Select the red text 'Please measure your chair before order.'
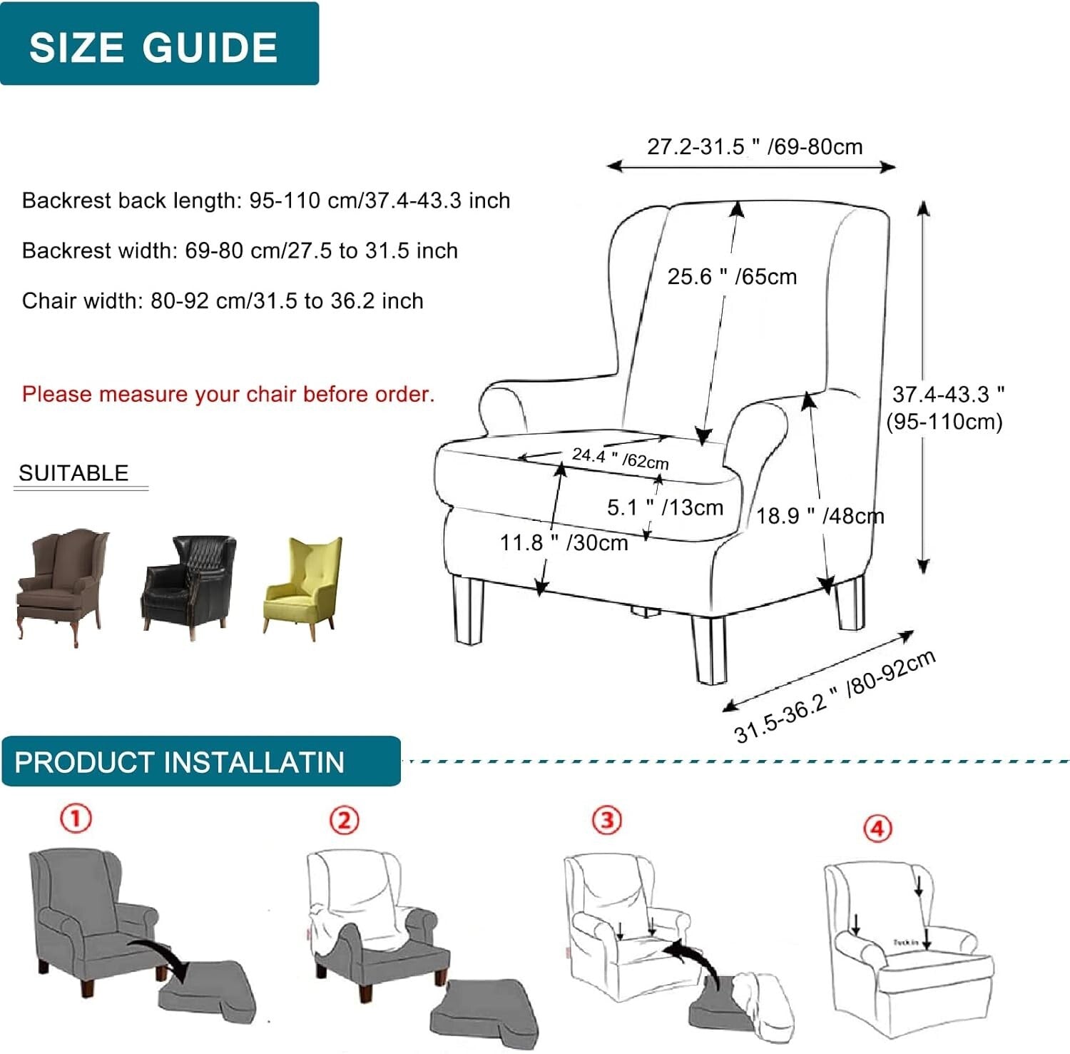tap(228, 394)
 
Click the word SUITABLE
tap(73, 473)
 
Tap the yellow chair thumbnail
tap(304, 587)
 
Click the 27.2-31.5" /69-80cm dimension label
tap(754, 147)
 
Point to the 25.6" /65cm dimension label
tap(732, 276)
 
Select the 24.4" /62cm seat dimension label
tap(620, 458)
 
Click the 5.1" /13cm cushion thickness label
tap(665, 507)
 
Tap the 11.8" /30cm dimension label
tap(564, 543)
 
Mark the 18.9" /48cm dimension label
tap(820, 515)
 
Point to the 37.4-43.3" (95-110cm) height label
tap(945, 407)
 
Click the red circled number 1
tap(76, 818)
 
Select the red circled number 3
tap(607, 820)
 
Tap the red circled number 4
tap(877, 828)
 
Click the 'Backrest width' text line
tap(240, 250)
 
